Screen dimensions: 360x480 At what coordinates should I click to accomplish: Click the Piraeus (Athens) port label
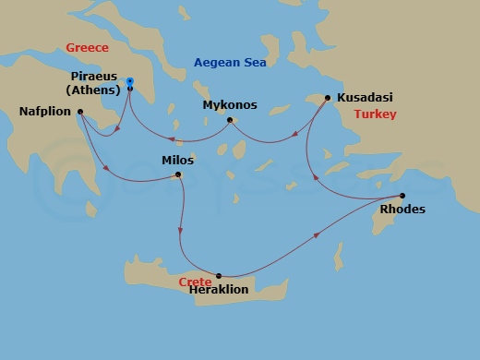coord(95,82)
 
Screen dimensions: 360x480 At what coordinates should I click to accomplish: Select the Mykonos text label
coord(230,105)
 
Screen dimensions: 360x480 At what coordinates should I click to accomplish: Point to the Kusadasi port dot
coord(328,96)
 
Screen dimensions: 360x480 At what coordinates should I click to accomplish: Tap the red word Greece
coord(87,48)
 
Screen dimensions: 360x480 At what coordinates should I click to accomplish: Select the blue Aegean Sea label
coord(229,63)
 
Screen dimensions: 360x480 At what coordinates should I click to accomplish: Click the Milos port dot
coord(179,174)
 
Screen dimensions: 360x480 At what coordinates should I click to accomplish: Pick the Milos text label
coord(178,160)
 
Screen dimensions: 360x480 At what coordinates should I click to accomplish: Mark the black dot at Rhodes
coord(402,195)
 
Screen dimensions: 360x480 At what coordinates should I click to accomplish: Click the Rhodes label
coord(402,210)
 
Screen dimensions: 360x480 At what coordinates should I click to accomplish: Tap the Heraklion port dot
coord(219,275)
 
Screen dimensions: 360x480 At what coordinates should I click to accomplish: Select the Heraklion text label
coord(219,289)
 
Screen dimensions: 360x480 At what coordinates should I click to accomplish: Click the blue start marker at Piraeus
coord(129,80)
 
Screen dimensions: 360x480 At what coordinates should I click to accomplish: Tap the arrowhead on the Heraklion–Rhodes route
coord(318,236)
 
